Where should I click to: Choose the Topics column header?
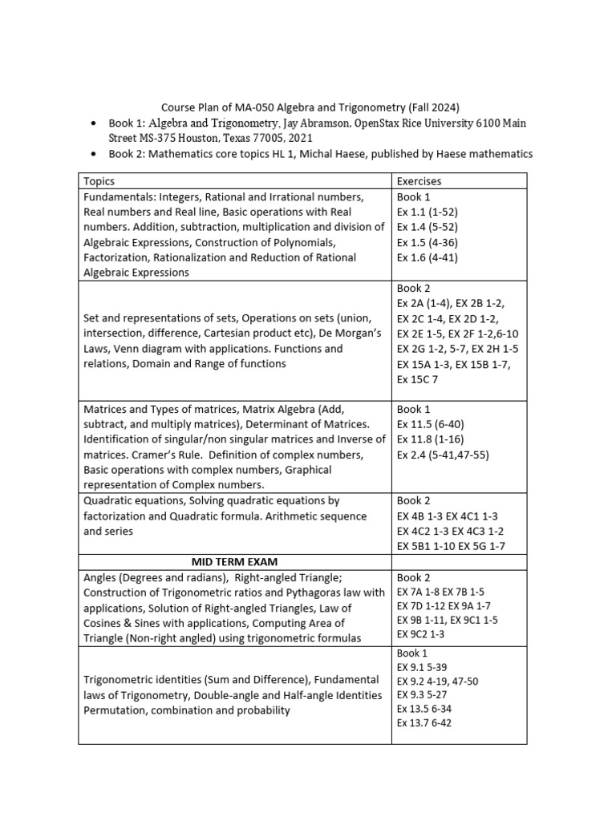click(x=99, y=181)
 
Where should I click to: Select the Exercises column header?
click(x=419, y=181)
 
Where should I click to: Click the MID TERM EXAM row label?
click(x=235, y=561)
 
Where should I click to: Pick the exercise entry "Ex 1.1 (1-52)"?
click(x=428, y=212)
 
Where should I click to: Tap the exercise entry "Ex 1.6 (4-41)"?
click(x=428, y=257)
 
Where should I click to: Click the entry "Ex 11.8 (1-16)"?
click(x=430, y=439)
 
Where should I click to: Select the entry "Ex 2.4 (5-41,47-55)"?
click(x=443, y=455)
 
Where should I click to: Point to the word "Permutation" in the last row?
click(x=115, y=710)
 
